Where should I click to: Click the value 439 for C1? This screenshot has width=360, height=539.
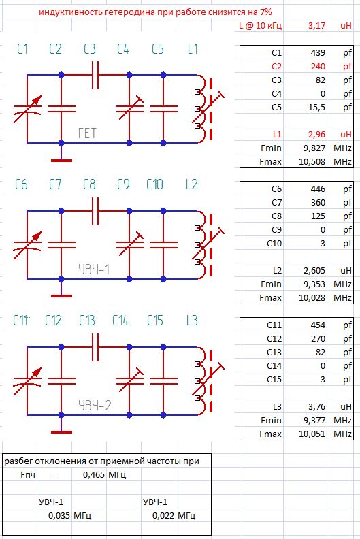[318, 52]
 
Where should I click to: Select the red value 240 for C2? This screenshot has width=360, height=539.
[318, 66]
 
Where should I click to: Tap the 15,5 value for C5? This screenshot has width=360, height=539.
[317, 108]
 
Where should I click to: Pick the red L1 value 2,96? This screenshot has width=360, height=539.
[316, 134]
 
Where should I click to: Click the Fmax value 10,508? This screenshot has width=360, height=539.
[312, 161]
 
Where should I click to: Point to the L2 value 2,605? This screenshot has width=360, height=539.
[314, 271]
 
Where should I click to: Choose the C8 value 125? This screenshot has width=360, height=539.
[318, 216]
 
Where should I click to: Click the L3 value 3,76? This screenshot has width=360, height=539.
[316, 407]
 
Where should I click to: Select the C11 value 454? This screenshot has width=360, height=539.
[318, 325]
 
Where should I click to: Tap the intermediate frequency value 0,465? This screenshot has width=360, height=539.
[94, 475]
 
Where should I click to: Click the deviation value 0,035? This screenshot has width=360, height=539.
[59, 516]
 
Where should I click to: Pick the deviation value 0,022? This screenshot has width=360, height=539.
[164, 516]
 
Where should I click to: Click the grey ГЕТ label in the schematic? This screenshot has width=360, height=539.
[87, 133]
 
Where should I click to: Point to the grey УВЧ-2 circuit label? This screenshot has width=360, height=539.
[95, 406]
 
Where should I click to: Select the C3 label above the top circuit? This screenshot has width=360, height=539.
[90, 49]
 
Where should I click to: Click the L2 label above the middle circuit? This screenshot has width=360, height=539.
[191, 184]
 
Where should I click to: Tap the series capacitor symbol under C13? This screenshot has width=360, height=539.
[95, 347]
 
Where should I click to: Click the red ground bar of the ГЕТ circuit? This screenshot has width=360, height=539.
[61, 161]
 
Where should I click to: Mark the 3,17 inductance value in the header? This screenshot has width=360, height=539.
[316, 25]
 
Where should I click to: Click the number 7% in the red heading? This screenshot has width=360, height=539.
[266, 12]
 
